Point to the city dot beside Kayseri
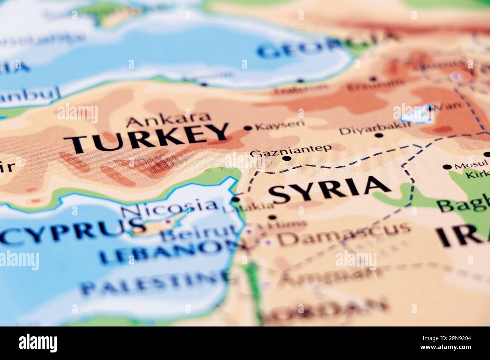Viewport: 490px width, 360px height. click(x=248, y=128)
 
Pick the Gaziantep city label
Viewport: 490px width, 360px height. click(x=291, y=150)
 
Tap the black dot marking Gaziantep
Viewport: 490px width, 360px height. click(x=287, y=159)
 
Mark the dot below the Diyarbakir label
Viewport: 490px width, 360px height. click(x=379, y=136)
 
